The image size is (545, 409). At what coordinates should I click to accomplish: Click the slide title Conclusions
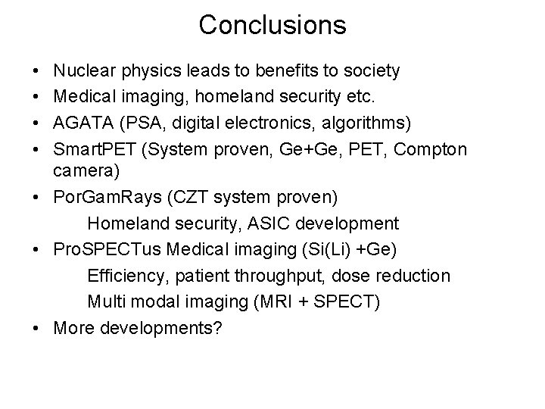[x=272, y=25]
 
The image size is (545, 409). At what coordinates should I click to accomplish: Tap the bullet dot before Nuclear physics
[x=37, y=71]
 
